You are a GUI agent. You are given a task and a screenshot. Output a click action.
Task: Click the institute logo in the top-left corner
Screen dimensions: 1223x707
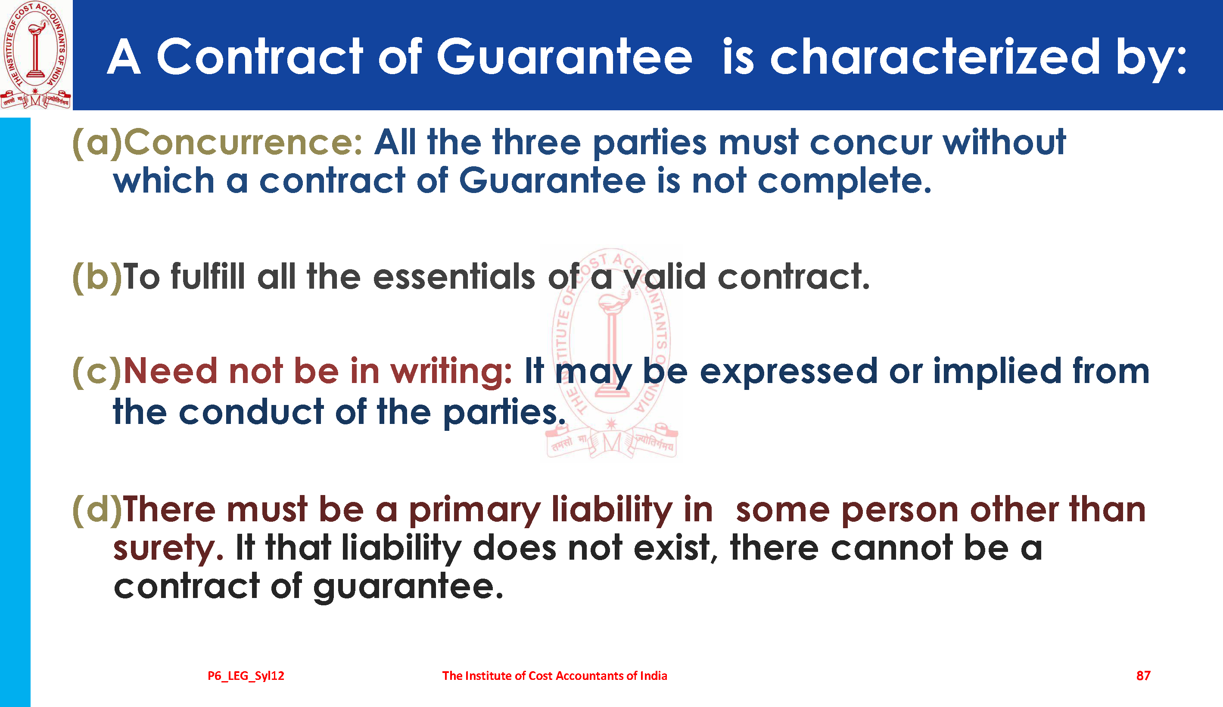click(36, 54)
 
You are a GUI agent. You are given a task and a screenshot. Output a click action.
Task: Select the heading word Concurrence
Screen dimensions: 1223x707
click(243, 143)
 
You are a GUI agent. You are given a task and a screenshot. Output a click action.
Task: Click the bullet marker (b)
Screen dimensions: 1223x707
click(97, 277)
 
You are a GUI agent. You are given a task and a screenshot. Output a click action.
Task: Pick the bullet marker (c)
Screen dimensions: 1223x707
click(97, 372)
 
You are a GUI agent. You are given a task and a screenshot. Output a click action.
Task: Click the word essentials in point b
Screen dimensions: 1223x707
click(454, 277)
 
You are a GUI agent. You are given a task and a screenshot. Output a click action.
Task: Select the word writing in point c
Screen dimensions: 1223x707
click(451, 372)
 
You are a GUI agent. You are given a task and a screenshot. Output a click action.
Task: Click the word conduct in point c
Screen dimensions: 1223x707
click(251, 411)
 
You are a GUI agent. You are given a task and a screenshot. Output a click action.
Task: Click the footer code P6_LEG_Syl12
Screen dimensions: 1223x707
click(246, 676)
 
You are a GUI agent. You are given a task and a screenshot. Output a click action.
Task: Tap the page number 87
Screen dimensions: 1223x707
click(1143, 676)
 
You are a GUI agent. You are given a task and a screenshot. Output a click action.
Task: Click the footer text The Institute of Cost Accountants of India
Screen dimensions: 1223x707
click(555, 676)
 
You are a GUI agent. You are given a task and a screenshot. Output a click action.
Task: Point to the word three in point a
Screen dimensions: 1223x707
click(537, 143)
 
